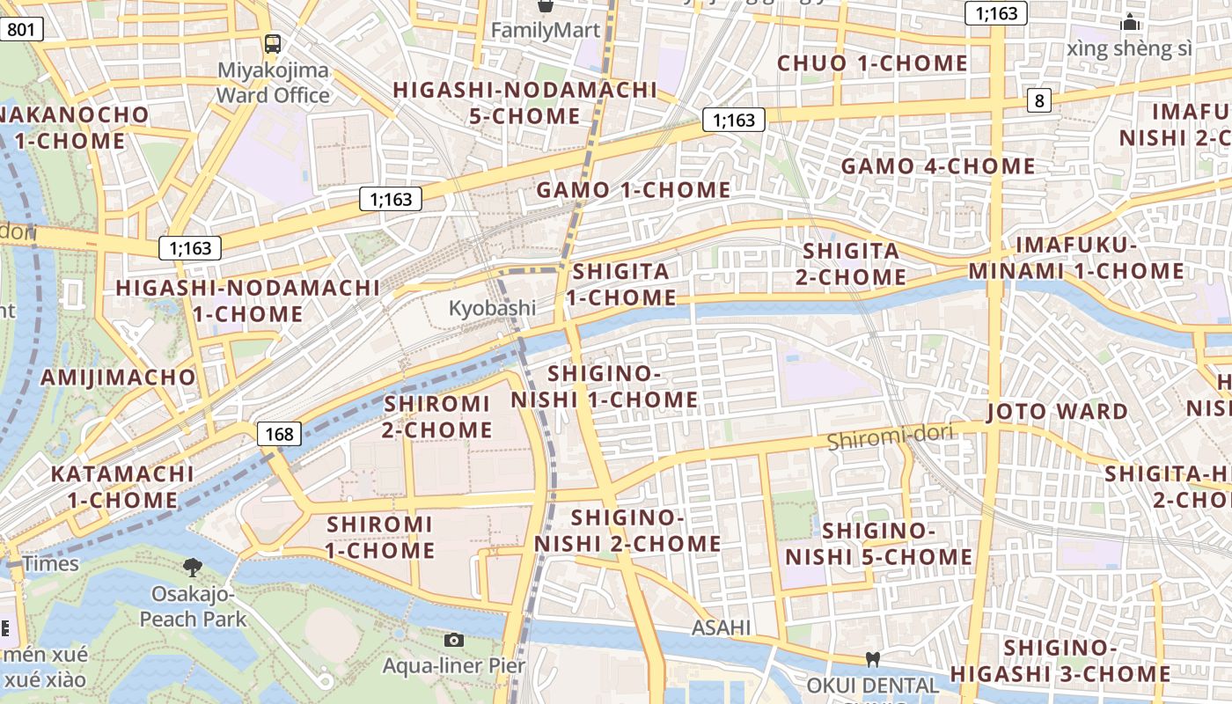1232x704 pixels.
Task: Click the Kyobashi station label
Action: [492, 308]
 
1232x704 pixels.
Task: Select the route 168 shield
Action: [279, 434]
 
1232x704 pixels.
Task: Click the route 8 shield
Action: [1039, 100]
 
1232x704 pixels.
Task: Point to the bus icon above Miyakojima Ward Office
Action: [273, 43]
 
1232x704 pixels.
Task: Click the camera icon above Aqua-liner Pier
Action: [454, 640]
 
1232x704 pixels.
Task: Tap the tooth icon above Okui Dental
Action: [872, 658]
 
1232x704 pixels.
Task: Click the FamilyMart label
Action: [545, 30]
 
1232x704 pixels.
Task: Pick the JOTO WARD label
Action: [1057, 412]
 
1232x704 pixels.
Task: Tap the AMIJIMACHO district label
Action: [119, 378]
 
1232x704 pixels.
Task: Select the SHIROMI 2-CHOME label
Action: [437, 417]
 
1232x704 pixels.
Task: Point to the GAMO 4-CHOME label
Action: [938, 165]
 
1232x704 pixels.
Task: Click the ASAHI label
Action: [721, 627]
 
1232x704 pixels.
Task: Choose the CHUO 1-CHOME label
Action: [872, 63]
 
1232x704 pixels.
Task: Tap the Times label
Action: [51, 564]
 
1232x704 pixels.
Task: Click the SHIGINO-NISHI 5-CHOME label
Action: [878, 544]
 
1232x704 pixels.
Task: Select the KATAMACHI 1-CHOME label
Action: [122, 487]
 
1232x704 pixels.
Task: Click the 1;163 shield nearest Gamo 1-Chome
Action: [733, 120]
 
